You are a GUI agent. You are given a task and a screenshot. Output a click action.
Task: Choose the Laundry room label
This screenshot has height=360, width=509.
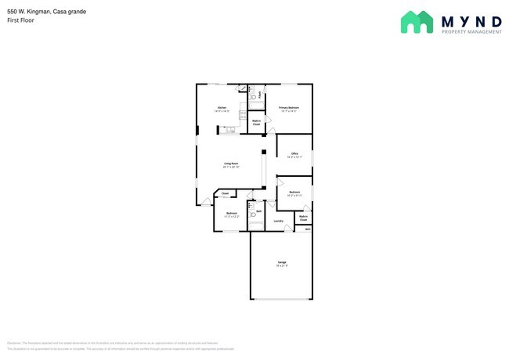[x=279, y=221]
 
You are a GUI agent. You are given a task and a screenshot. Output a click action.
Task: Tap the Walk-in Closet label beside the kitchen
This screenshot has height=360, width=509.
[x=256, y=122]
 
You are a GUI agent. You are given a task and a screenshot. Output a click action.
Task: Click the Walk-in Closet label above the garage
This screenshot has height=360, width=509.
[x=303, y=218]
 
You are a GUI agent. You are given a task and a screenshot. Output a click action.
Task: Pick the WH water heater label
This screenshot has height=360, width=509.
[x=308, y=229]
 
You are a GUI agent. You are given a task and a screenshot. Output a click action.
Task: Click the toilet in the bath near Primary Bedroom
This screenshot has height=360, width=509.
[x=254, y=95]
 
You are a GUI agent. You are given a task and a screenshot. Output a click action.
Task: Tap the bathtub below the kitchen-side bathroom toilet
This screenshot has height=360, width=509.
[x=256, y=106]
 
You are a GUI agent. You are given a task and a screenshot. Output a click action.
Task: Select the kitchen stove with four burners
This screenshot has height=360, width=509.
[x=244, y=115]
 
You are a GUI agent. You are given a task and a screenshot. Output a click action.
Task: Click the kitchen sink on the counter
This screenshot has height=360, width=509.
[x=230, y=130]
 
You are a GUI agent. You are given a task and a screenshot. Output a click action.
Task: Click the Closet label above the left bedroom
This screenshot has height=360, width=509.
[x=225, y=193]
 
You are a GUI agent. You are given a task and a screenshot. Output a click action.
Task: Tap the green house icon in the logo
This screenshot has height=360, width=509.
[x=417, y=21]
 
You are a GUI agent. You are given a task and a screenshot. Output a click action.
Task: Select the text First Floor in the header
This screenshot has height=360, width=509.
[x=20, y=21]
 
